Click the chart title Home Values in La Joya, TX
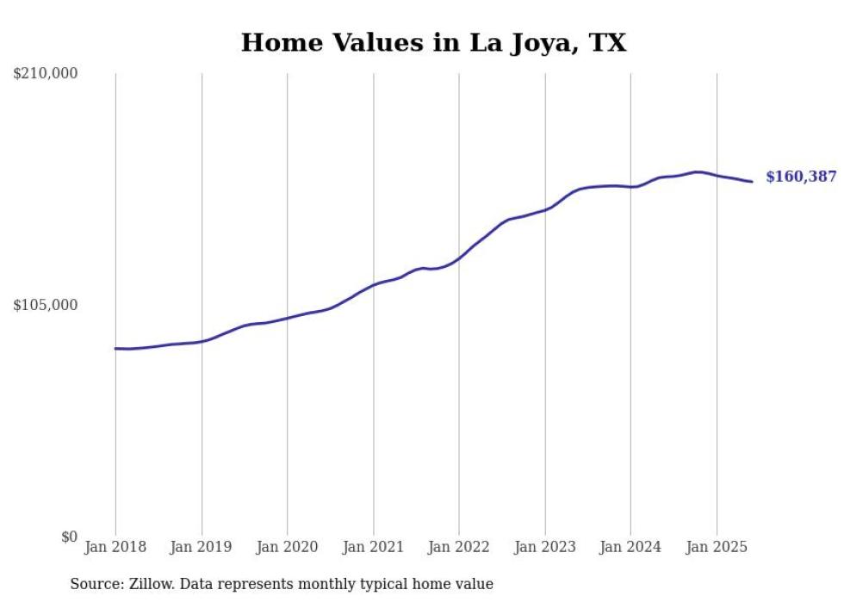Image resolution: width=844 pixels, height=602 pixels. [x=433, y=43]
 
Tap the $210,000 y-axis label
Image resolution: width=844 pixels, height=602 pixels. [x=46, y=74]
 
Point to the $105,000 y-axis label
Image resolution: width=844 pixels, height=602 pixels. [x=46, y=305]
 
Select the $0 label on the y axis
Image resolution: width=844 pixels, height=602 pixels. [x=69, y=537]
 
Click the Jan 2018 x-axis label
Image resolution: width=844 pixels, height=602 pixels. [x=115, y=547]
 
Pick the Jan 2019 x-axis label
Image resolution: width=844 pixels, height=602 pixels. [x=202, y=547]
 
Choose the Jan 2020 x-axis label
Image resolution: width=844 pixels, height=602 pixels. [x=287, y=547]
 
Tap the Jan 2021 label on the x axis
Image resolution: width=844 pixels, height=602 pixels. [x=373, y=547]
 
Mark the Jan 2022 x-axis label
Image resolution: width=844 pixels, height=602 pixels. [x=459, y=547]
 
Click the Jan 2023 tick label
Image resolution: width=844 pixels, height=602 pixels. [x=544, y=547]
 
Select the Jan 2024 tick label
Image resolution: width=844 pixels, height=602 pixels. [x=630, y=547]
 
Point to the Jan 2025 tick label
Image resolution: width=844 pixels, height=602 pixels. [x=717, y=547]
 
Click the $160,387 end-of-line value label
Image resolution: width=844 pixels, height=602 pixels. [x=801, y=177]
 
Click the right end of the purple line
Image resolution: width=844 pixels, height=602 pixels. [x=752, y=182]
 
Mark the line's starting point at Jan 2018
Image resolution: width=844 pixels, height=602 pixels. [x=115, y=349]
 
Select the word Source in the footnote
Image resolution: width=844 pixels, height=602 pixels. [x=93, y=585]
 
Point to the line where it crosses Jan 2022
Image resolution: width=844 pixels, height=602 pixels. [x=459, y=258]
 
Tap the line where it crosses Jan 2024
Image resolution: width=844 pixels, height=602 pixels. [x=630, y=187]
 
